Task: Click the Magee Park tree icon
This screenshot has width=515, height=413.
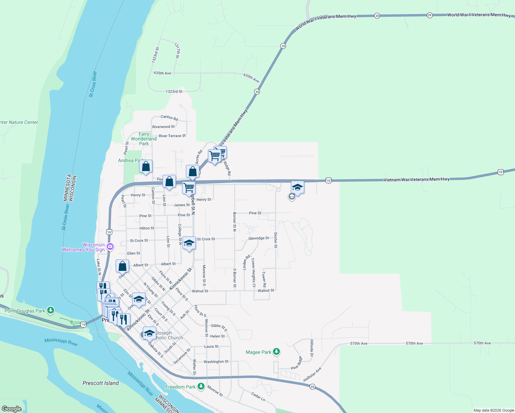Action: [x=276, y=352]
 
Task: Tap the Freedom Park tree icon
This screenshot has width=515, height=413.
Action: [x=201, y=386]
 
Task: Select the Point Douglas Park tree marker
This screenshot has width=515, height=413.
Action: [x=51, y=310]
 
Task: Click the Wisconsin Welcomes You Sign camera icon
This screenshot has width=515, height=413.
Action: [x=110, y=246]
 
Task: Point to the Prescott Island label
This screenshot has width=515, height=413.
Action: [x=101, y=383]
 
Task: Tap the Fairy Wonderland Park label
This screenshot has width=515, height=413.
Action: [x=144, y=139]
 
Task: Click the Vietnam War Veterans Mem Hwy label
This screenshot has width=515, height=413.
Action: [x=417, y=179]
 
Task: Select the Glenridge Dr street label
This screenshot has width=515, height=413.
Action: [x=259, y=238]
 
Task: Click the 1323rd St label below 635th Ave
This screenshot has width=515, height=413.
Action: [x=174, y=92]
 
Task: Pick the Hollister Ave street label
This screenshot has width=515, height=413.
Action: [x=312, y=374]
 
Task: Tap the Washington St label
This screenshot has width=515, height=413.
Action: [x=216, y=362]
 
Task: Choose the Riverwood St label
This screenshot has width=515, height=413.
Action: [x=163, y=127]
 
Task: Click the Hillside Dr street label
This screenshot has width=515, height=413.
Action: [x=312, y=348]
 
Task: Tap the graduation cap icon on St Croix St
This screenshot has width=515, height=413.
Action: [x=189, y=243]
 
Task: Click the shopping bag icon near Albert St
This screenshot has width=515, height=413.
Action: [x=122, y=266]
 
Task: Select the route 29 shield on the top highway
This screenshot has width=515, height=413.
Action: [x=429, y=15]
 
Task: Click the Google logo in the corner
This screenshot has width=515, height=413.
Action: [x=11, y=409]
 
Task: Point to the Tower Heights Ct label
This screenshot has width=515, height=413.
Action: [x=253, y=272]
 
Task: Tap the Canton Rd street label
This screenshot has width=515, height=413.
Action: [x=169, y=118]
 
